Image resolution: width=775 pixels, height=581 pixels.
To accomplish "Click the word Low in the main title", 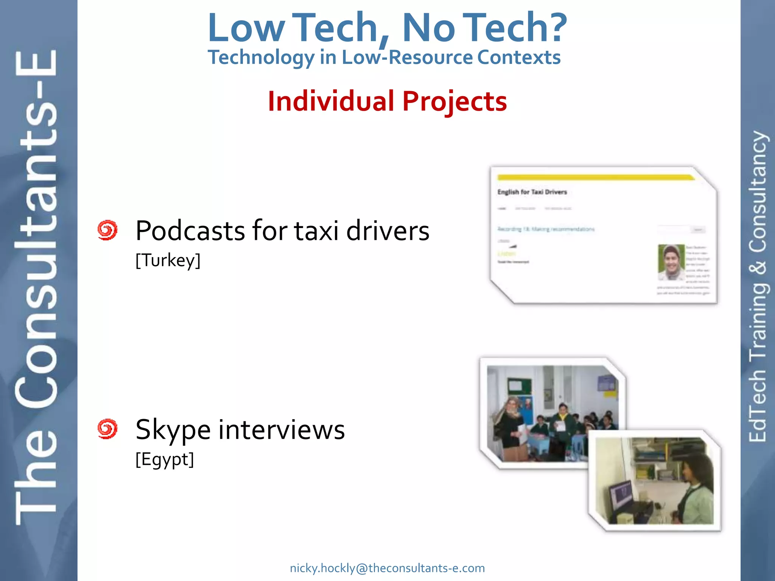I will coord(246,28).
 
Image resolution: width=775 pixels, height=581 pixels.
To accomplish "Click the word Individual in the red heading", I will coord(331,101).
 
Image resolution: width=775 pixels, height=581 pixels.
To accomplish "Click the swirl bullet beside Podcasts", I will coord(107,230).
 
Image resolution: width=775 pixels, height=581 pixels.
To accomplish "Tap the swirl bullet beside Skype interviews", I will coord(107,429).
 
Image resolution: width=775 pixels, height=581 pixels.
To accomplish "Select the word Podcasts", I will coord(190,230).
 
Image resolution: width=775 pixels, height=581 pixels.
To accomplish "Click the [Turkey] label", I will coord(168,261).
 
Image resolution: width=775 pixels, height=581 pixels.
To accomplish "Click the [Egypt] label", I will coord(165,460).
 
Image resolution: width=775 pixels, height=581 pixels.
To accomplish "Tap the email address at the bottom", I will coord(387,568).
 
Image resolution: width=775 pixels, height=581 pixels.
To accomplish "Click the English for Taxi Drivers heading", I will coord(532,192).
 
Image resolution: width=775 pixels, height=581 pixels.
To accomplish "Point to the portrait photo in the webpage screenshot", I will coord(671,262).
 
